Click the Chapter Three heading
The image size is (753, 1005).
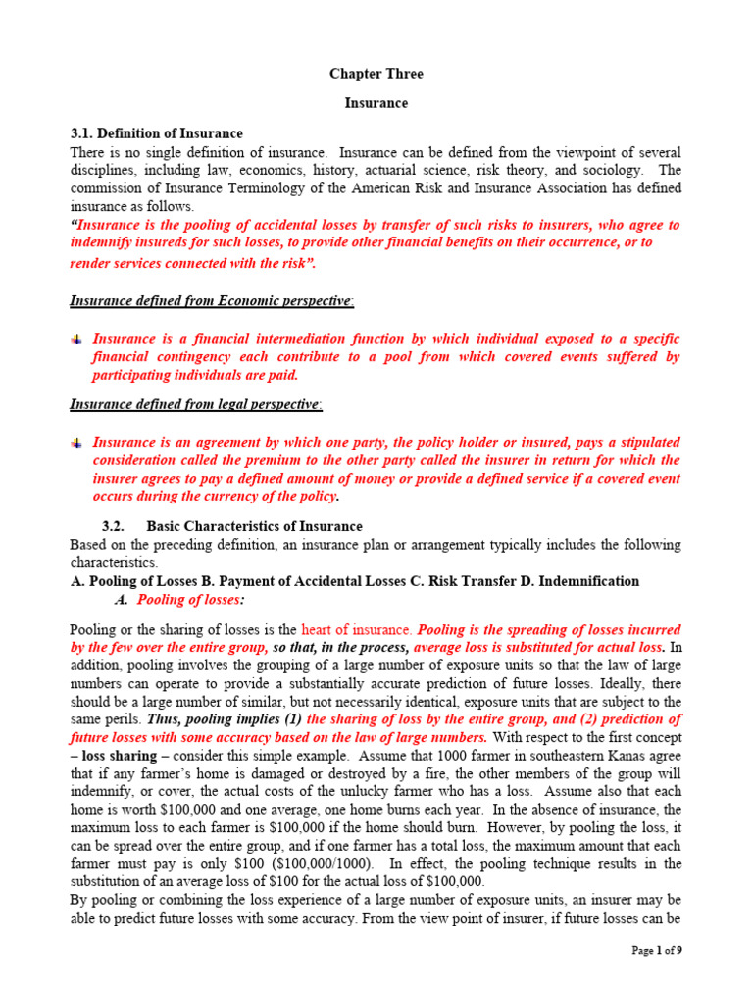tap(376, 74)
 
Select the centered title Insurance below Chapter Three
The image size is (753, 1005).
tap(376, 103)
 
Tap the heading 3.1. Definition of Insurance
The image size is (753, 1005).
tap(157, 133)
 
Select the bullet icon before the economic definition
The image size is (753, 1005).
tap(77, 339)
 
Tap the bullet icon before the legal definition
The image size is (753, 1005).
tap(77, 443)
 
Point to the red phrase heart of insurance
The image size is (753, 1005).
tap(357, 629)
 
